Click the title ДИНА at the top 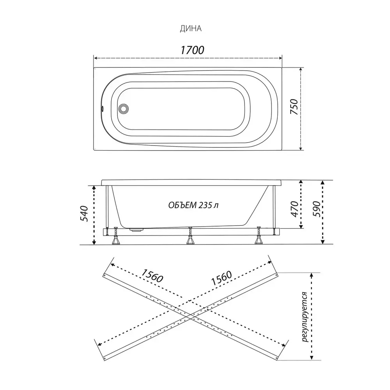(x=191, y=29)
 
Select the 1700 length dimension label (x=192, y=50)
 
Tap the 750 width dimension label (x=294, y=106)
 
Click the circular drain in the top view (x=124, y=109)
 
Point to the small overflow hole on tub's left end (x=101, y=109)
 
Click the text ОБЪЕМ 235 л (x=193, y=205)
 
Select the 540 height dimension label (x=84, y=213)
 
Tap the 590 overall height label (x=316, y=209)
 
